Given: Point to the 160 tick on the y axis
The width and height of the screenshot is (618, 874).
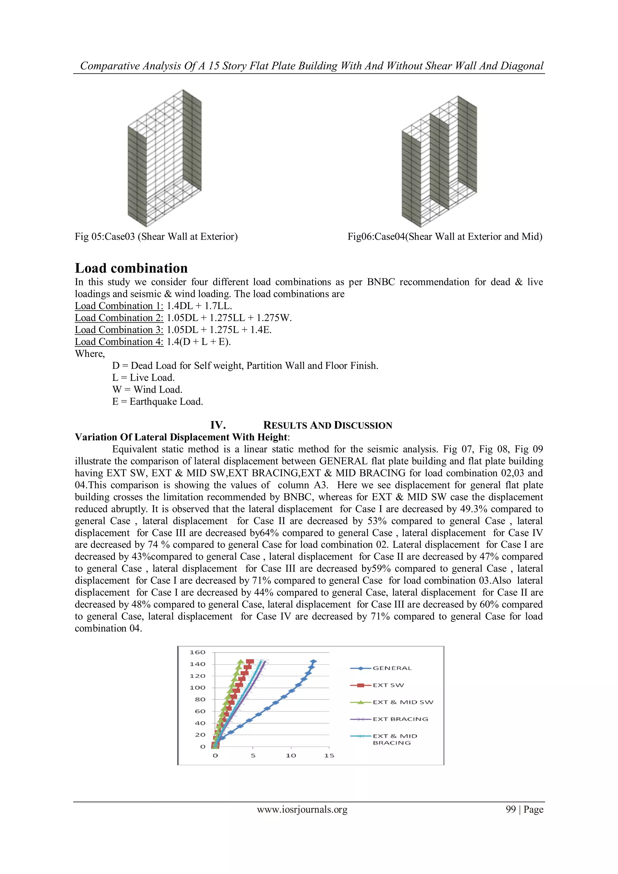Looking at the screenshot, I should [x=198, y=652].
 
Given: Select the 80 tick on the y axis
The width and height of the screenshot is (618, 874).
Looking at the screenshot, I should [x=200, y=700].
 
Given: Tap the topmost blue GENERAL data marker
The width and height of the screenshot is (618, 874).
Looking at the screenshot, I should [x=313, y=662].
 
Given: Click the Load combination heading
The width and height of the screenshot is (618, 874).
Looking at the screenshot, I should [x=131, y=268].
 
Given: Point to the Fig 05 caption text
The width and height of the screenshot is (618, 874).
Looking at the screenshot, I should [x=156, y=237].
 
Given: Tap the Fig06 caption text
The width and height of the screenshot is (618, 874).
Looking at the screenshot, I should [x=444, y=237].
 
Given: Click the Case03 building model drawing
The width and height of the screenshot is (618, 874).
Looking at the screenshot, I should [x=164, y=158].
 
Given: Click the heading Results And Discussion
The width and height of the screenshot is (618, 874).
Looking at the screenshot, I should [x=327, y=425].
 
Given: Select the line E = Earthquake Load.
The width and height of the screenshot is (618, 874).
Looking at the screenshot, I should [x=158, y=402].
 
